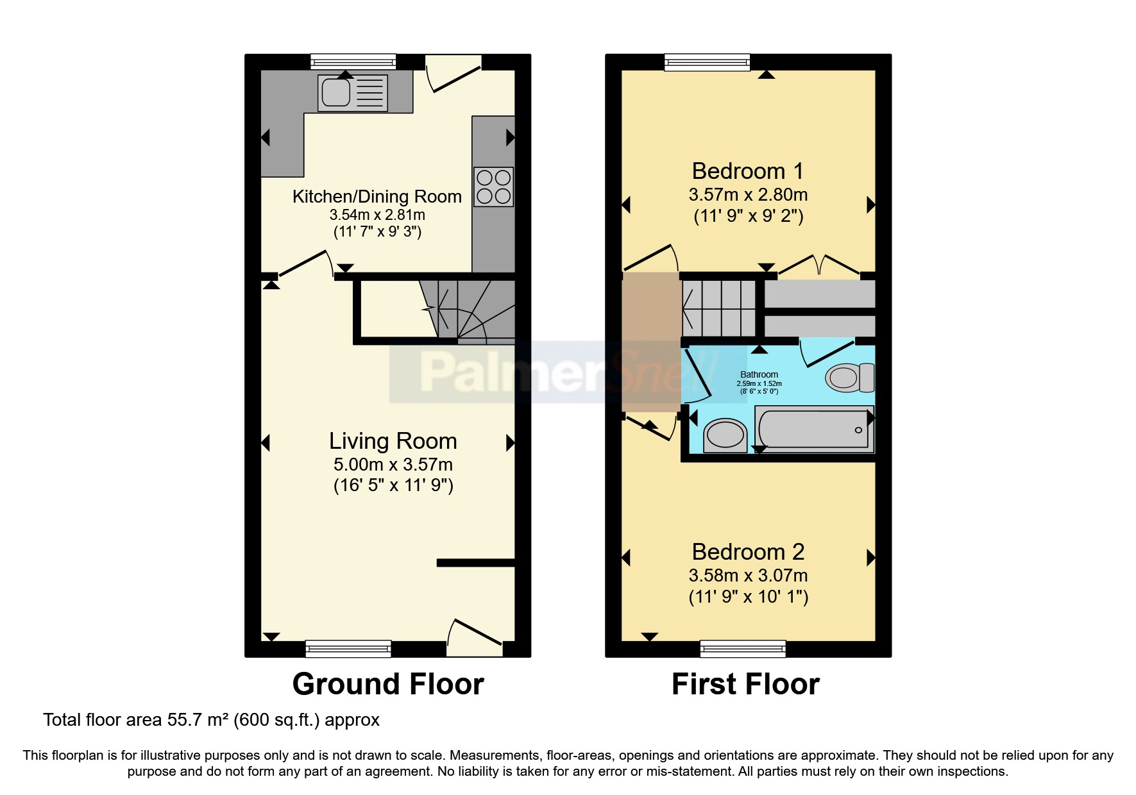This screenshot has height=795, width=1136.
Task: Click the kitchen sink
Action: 352,92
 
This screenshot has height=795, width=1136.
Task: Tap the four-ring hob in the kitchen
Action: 493,187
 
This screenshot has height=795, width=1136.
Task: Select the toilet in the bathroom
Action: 850,378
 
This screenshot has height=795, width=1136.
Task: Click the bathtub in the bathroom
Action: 813,429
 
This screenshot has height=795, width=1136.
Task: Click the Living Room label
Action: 393,441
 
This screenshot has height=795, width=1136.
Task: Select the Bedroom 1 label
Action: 747,171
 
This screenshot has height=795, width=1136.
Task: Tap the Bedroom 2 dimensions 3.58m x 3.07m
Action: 748,575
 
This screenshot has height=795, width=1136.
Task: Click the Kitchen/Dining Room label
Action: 377,196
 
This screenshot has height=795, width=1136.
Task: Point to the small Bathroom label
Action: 759,374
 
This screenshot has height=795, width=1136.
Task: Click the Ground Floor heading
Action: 387,684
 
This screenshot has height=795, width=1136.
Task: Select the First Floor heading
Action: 745,684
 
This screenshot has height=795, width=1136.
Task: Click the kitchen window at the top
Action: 353,62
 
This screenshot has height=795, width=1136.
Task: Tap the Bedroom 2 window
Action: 743,649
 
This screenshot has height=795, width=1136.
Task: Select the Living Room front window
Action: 348,649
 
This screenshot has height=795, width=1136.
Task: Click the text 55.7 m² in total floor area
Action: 198,720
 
